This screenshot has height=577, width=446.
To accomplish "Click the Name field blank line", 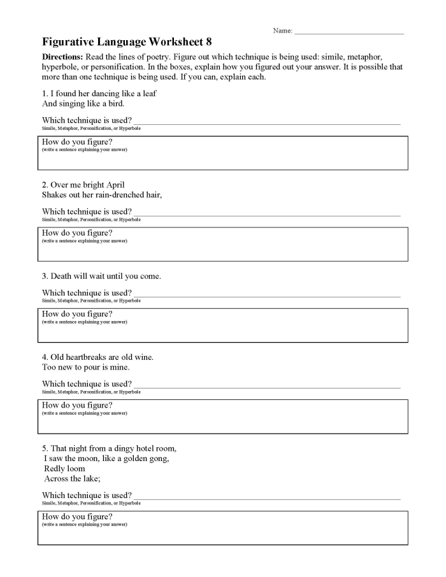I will pos(349,31).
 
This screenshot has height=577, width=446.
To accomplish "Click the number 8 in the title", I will pos(208,42).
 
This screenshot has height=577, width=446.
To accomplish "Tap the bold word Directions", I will pos(62,57).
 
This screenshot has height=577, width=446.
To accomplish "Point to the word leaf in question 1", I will pos(149,93).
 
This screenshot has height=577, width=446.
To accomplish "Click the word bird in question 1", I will pos(116,103).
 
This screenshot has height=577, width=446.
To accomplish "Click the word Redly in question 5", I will pos(55,469).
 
